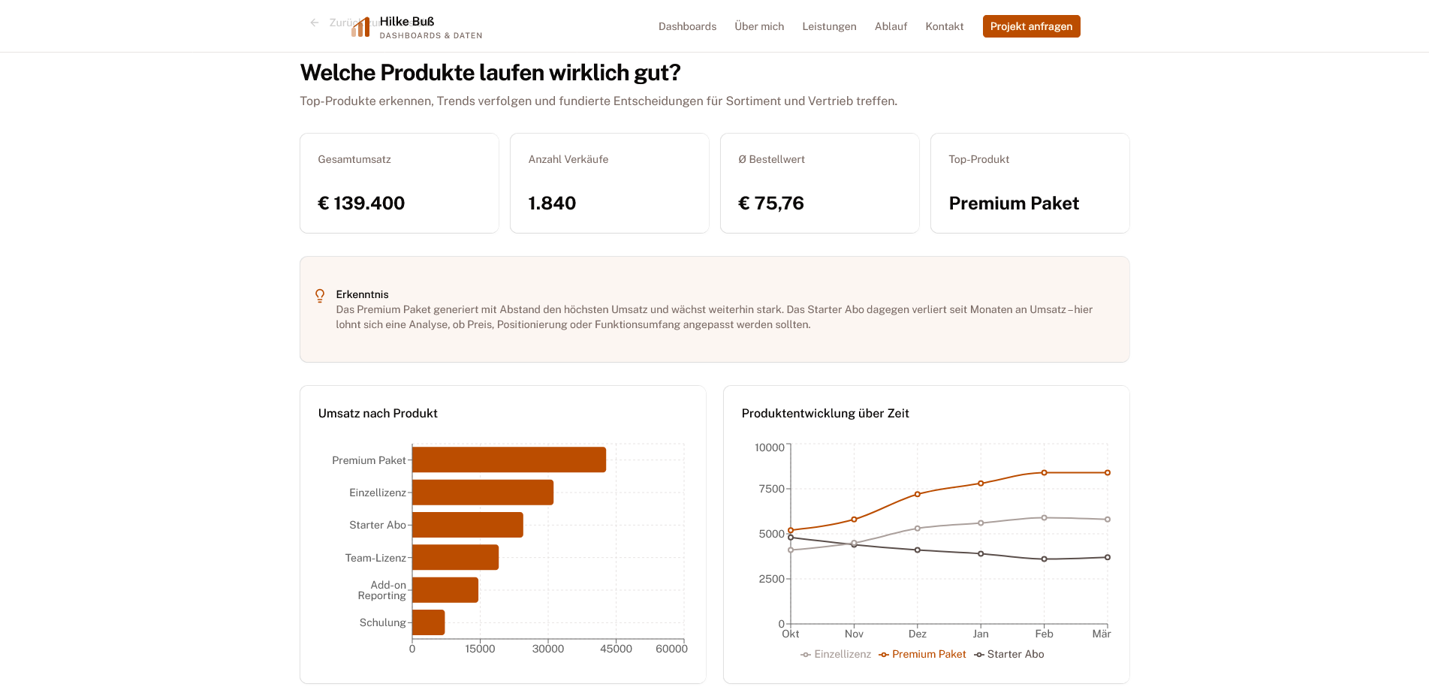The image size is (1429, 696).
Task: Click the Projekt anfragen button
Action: click(x=1031, y=26)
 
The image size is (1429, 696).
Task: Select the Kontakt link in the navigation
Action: click(x=944, y=26)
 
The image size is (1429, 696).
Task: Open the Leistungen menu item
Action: click(x=829, y=26)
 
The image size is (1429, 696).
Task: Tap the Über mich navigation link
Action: click(x=759, y=26)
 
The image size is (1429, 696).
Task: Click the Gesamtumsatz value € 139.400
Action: click(x=361, y=203)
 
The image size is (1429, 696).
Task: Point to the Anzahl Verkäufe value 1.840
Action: click(x=552, y=203)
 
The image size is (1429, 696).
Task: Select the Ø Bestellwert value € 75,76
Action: click(x=771, y=203)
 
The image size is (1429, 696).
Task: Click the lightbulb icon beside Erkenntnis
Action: click(x=320, y=296)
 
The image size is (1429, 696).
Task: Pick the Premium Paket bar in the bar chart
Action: click(x=508, y=459)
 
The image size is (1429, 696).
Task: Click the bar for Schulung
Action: click(x=428, y=622)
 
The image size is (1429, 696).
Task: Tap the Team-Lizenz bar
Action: click(x=455, y=557)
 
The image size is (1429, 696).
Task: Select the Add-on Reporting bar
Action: click(x=445, y=590)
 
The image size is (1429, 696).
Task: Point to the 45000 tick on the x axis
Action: click(x=616, y=649)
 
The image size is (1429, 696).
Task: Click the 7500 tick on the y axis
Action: click(x=771, y=489)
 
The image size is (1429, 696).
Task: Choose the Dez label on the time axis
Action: click(x=917, y=634)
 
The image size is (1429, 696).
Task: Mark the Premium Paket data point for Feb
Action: click(x=1044, y=473)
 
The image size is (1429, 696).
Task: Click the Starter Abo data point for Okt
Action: click(x=791, y=538)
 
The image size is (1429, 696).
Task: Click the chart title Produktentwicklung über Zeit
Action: click(x=825, y=414)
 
